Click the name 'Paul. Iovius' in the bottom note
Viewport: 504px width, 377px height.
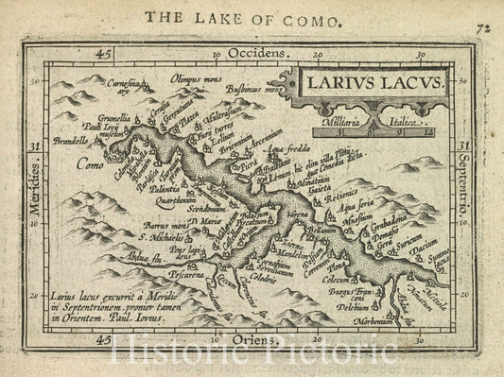[143, 320]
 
